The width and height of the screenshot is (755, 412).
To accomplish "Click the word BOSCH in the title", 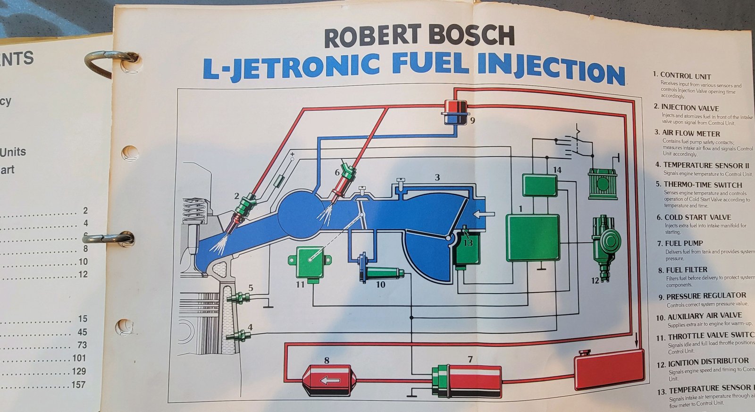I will click(472, 36).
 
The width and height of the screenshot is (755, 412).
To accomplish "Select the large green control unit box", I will click(532, 238).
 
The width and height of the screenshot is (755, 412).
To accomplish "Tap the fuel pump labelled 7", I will click(467, 380).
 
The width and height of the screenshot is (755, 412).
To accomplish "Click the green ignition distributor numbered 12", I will click(606, 245).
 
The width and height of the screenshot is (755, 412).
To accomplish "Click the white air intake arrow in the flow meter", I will click(484, 214).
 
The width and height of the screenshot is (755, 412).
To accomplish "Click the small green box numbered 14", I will click(539, 185).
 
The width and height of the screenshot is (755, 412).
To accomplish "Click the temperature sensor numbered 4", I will click(239, 336).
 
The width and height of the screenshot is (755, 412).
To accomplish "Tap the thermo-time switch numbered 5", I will click(239, 298).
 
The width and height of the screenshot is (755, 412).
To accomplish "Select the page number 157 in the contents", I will click(78, 385).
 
